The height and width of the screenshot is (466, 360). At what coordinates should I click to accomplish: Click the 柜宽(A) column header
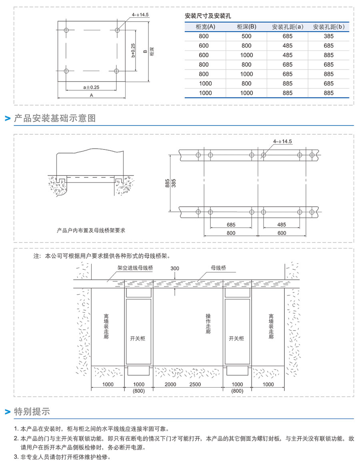206,27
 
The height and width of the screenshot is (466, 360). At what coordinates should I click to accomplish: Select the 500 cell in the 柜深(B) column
246,36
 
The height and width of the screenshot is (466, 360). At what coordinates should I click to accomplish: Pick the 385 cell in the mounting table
328,36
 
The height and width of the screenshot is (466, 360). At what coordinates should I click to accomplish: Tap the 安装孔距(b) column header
328,27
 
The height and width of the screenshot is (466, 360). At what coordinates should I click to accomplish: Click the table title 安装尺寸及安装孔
208,16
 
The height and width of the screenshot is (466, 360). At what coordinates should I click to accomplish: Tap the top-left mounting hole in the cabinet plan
66,30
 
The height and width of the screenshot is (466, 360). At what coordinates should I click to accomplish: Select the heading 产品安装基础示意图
55,118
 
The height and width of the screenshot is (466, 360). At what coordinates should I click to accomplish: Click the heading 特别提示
32,411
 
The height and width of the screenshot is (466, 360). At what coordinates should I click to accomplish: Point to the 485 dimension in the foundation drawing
282,225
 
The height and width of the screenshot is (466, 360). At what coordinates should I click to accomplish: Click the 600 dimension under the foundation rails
282,233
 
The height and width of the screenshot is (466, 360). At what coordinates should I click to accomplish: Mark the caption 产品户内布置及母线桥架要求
91,230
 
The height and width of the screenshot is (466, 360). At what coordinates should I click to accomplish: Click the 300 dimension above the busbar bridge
175,268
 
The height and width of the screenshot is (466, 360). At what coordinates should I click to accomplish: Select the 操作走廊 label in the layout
208,323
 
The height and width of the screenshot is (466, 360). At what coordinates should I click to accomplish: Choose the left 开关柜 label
138,339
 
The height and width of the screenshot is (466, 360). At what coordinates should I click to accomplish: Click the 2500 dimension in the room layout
195,384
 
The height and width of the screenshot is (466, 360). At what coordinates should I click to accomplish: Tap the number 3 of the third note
16,457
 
